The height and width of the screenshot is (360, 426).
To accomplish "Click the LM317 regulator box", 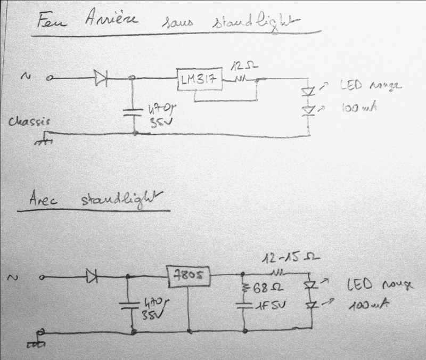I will point(198,81).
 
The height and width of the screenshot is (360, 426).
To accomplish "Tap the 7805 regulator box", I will point(189,276).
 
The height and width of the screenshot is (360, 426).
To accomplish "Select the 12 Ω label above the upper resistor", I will point(242,68).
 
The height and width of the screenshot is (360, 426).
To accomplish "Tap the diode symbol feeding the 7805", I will point(92,276).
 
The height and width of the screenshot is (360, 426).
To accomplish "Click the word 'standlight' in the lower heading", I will point(120,200).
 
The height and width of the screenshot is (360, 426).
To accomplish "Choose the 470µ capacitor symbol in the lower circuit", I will point(128,306).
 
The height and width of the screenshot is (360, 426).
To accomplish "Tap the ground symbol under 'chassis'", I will point(45,141).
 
